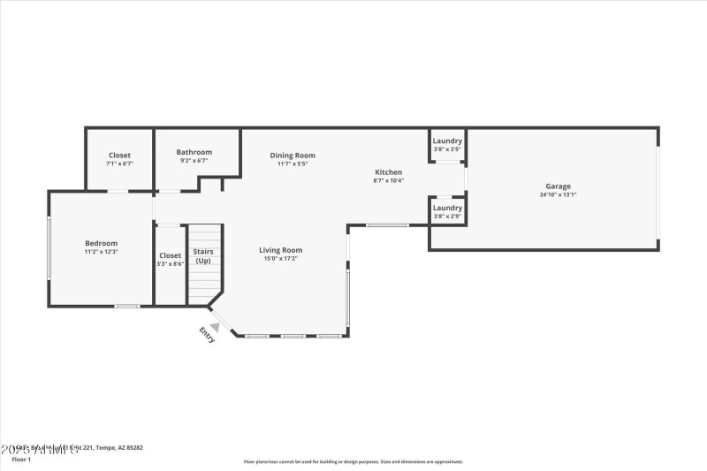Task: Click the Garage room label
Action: point(558,186)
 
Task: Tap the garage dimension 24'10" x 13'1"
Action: point(558,194)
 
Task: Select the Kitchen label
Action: point(389,171)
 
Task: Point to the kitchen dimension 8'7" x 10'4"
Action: point(389,180)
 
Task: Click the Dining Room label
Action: point(293,155)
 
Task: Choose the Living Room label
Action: point(281,249)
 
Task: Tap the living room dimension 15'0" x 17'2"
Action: point(281,258)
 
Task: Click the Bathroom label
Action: point(194,152)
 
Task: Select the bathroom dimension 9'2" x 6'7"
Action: point(194,161)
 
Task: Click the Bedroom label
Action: point(101,243)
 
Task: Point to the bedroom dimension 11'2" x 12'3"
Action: point(101,252)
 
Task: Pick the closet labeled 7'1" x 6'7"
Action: point(119,159)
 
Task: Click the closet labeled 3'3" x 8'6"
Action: point(170,259)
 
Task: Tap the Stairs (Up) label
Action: point(203,255)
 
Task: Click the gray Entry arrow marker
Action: point(215,325)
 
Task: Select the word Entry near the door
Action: point(207,335)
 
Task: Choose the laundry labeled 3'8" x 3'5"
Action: point(447,144)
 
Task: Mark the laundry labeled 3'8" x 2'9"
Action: point(447,211)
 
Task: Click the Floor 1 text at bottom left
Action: point(21,460)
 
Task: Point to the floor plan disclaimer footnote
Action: point(353,461)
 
